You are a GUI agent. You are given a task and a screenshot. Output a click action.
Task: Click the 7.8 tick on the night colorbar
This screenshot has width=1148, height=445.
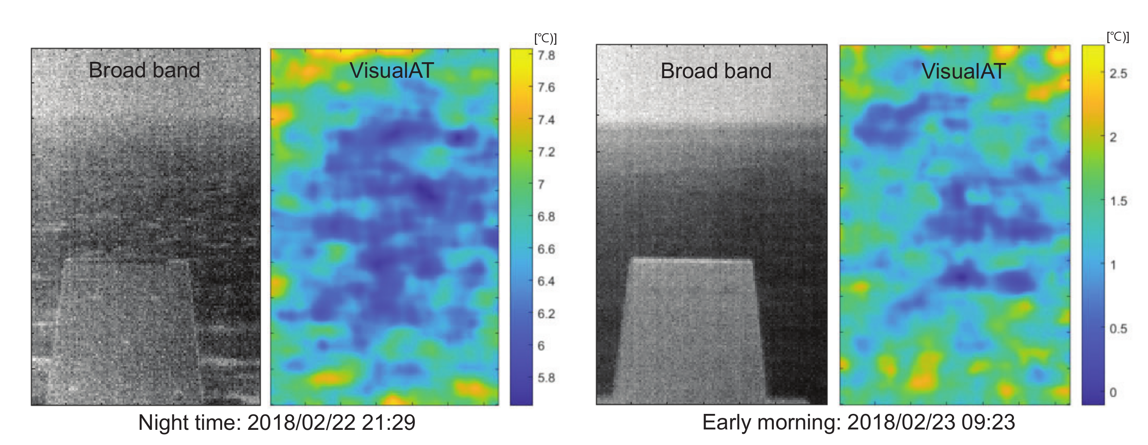(546, 55)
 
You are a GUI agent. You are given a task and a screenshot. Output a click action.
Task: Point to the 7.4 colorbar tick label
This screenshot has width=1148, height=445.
(546, 120)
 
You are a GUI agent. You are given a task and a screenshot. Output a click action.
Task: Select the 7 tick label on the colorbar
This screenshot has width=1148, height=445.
(541, 184)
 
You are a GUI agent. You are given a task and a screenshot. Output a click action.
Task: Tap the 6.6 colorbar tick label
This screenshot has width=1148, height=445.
(546, 249)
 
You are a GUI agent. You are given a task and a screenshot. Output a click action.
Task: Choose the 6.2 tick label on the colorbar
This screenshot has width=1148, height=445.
(546, 313)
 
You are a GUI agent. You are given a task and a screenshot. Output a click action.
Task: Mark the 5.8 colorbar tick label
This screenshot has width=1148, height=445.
(546, 378)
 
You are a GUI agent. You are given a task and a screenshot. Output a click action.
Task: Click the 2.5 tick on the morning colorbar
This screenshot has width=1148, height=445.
(1118, 73)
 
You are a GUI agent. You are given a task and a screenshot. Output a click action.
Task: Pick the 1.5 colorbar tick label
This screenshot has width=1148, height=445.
(1118, 201)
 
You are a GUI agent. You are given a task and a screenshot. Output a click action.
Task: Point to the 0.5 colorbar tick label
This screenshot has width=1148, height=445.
(1118, 329)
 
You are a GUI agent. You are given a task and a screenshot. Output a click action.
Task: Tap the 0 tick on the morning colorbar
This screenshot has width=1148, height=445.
(1113, 392)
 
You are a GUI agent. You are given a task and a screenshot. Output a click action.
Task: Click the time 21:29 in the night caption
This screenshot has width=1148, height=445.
(388, 422)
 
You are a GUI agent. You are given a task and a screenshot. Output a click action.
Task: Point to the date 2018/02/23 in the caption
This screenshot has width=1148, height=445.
(901, 422)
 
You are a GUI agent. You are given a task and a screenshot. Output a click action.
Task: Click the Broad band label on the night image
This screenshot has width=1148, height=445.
(144, 71)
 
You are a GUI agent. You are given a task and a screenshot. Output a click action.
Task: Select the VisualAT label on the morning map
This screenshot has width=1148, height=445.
(963, 71)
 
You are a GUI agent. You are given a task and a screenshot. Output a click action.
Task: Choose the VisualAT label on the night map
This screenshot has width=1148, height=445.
(391, 71)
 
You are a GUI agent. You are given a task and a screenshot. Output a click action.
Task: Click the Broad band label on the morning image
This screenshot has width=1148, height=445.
(716, 71)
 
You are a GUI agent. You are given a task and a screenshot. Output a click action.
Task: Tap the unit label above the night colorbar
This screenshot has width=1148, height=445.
(545, 38)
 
